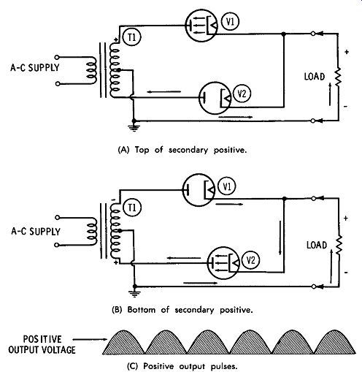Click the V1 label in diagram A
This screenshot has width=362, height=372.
[230, 22]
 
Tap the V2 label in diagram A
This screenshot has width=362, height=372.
[242, 94]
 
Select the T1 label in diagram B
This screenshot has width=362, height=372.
[132, 208]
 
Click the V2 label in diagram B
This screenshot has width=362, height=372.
[250, 260]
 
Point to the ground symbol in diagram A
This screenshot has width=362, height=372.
[134, 127]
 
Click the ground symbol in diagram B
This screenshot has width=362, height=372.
[134, 293]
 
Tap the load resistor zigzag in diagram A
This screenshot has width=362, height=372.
[338, 77]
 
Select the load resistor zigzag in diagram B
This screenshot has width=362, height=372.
[339, 245]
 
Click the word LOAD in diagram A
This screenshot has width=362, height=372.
[315, 77]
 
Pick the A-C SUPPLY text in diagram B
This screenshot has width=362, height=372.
[36, 232]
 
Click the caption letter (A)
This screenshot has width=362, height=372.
[123, 150]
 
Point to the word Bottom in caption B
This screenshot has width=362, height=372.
[142, 310]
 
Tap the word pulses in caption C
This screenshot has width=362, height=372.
[224, 366]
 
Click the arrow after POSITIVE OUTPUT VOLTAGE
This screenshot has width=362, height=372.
[90, 339]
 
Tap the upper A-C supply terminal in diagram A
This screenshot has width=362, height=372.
[57, 57]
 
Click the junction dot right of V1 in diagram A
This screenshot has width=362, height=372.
[283, 34]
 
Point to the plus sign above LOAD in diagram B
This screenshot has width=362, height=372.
[346, 219]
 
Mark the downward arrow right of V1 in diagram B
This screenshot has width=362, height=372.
[280, 238]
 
